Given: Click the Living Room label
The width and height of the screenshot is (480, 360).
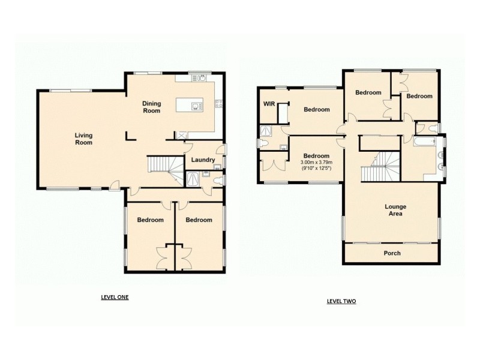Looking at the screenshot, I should pos(83,139).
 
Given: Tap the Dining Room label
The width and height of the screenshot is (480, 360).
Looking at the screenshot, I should pos(151,107).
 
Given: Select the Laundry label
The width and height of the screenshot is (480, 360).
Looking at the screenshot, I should pos(203,160).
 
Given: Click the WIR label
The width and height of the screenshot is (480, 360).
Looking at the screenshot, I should pos(268,103).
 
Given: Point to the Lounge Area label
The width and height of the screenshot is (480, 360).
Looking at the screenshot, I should pos(395,210).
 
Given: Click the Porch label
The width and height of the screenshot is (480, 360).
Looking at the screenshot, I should pos(392,253).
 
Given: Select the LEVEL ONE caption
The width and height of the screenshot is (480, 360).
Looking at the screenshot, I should pos(114,297).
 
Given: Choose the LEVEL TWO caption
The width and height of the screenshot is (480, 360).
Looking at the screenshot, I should pos(341,301).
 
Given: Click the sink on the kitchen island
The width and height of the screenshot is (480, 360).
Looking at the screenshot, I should pos(196,106).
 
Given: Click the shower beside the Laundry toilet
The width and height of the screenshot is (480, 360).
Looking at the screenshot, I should pos(194,179).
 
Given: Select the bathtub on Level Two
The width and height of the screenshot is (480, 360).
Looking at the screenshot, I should pos(427,142).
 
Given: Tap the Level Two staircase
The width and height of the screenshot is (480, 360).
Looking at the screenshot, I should pos(380,165).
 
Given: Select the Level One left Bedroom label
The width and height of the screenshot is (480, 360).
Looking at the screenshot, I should pos(150,220).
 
